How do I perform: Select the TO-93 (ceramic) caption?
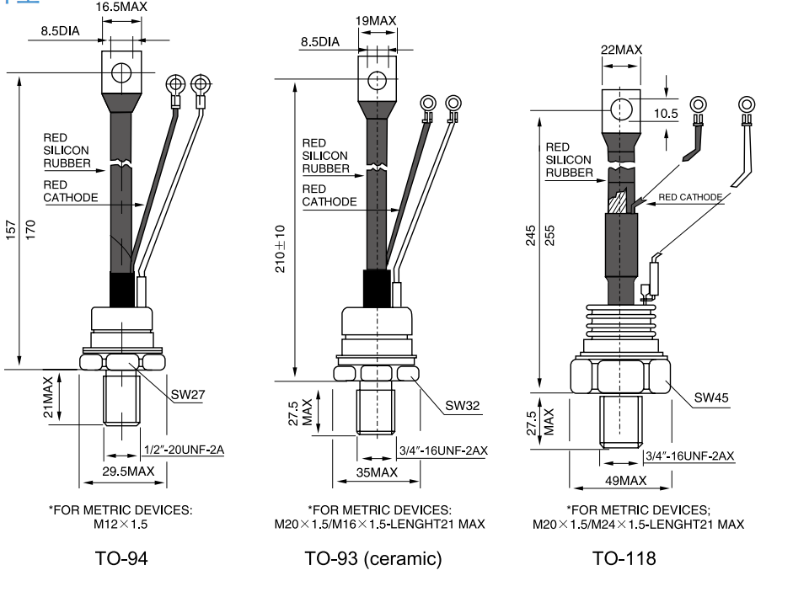pyautogui.click(x=372, y=557)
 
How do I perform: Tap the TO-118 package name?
pyautogui.click(x=624, y=557)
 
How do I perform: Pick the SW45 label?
pyautogui.click(x=712, y=397)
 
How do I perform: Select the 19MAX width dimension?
pyautogui.click(x=376, y=19)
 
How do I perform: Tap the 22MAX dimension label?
pyautogui.click(x=621, y=50)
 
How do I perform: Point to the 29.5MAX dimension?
pyautogui.click(x=128, y=472)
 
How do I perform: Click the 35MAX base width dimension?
pyautogui.click(x=377, y=472)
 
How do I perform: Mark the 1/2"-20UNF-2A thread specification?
pyautogui.click(x=184, y=450)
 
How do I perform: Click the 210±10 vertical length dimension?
pyautogui.click(x=281, y=248)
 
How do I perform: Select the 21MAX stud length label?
pyautogui.click(x=48, y=397)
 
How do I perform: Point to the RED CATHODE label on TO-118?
pyautogui.click(x=690, y=197)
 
